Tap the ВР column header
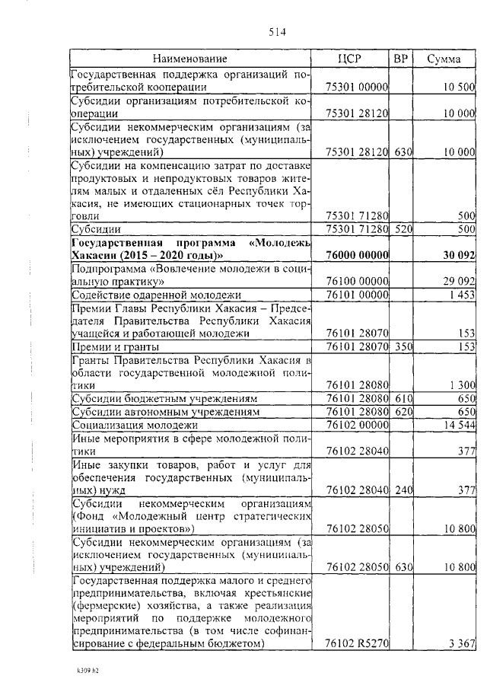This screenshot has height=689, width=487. pos(402,59)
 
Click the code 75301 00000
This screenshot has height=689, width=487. pos(357,88)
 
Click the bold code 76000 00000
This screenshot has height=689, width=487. pos(357,255)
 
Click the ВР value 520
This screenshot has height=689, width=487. pos(403,228)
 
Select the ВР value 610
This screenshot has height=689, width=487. pos(403,398)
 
